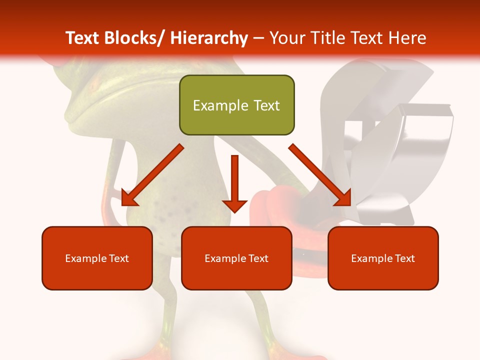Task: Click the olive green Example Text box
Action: point(236,105)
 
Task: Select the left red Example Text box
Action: point(97,258)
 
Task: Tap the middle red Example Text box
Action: point(236,258)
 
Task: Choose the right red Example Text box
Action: point(383,258)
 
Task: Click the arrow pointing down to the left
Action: point(152,175)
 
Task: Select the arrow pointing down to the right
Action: point(320,175)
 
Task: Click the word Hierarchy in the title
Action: point(209,38)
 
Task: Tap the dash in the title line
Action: point(258,38)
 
